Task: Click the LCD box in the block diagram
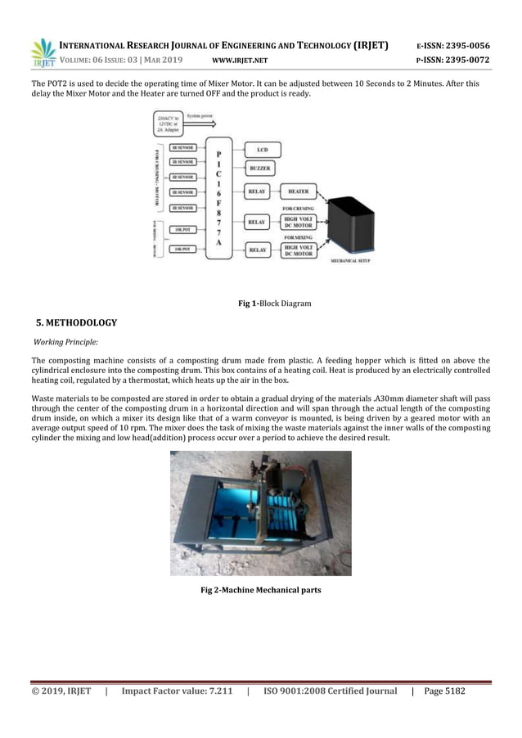coord(263,151)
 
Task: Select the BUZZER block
coord(263,169)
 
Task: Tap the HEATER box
coord(298,191)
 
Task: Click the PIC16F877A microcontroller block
coord(218,196)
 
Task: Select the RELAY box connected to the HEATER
coord(258,191)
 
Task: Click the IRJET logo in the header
coord(43,52)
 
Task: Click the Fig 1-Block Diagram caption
coord(274,304)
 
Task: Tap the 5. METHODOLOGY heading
coord(77,322)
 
